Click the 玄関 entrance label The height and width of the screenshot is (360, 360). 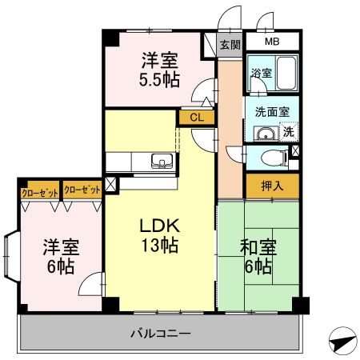pyautogui.click(x=230, y=45)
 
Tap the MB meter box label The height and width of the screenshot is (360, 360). pyautogui.click(x=272, y=42)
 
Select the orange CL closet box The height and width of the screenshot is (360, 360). pyautogui.click(x=197, y=118)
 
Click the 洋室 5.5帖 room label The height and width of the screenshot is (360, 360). pyautogui.click(x=160, y=69)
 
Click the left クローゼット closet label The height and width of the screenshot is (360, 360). pyautogui.click(x=39, y=190)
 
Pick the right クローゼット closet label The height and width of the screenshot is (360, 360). pyautogui.click(x=82, y=190)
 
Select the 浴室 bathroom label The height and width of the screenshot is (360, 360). pyautogui.click(x=261, y=73)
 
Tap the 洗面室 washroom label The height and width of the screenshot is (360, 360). pyautogui.click(x=272, y=113)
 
